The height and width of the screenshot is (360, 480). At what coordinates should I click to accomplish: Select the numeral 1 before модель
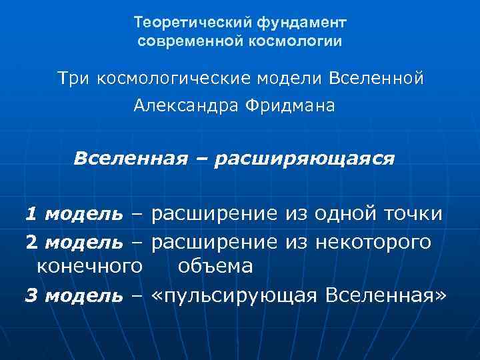click(x=31, y=215)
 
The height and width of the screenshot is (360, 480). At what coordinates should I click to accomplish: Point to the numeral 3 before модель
click(x=31, y=295)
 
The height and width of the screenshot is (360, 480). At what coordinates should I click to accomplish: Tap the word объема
click(x=215, y=267)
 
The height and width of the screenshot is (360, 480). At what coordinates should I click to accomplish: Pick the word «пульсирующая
click(x=234, y=295)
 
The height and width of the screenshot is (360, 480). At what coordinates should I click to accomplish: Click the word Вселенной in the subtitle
click(x=376, y=79)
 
